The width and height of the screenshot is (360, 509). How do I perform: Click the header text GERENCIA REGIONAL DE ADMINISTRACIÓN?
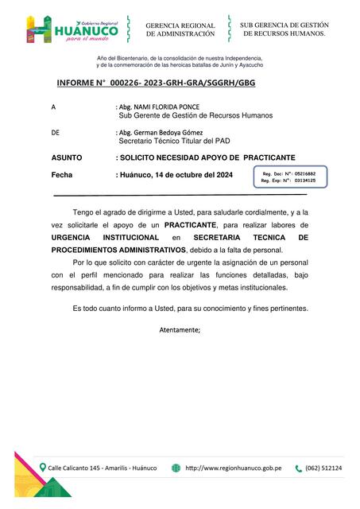[x=180, y=30]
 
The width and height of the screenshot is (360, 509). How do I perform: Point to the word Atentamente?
[x=180, y=328]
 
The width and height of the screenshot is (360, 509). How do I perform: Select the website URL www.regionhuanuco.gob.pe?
[x=234, y=468]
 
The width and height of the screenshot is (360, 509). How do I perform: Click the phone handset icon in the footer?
[x=299, y=468]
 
